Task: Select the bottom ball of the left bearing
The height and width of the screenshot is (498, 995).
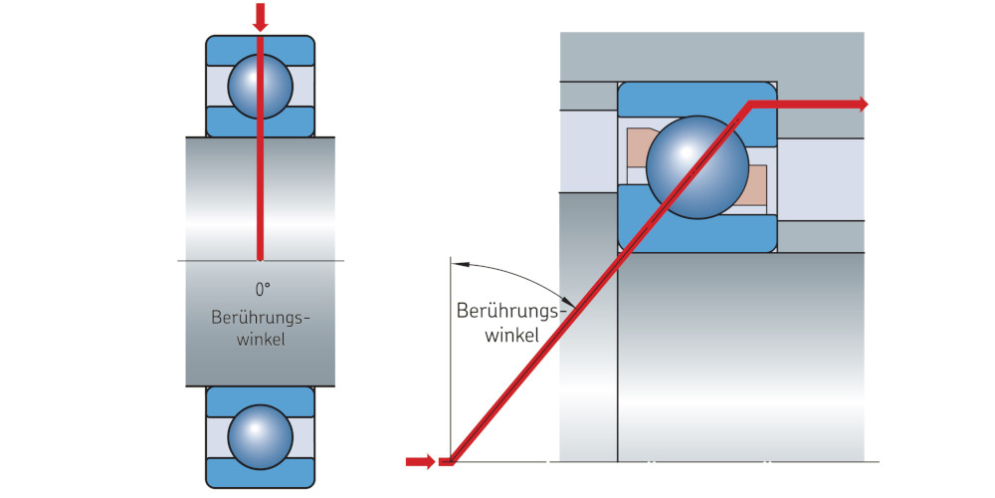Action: [x=260, y=436]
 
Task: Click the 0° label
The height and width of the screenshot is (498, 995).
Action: [x=262, y=290]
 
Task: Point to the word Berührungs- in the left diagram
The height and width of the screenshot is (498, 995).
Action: [x=262, y=318]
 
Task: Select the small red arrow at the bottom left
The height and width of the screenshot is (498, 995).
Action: [x=421, y=460]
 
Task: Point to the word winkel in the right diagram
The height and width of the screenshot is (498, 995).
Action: [x=511, y=335]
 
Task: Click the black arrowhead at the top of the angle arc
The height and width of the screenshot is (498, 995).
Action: [x=457, y=263]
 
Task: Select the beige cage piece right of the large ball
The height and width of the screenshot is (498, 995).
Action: [x=754, y=184]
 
